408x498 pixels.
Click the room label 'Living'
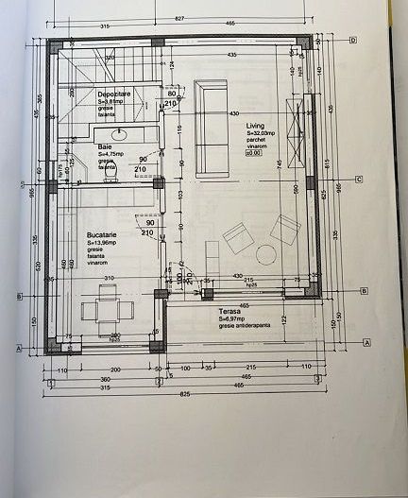coord(256,125)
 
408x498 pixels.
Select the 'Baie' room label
coord(105,147)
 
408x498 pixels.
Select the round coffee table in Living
coord(265,254)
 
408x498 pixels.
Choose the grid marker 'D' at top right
coord(351,40)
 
